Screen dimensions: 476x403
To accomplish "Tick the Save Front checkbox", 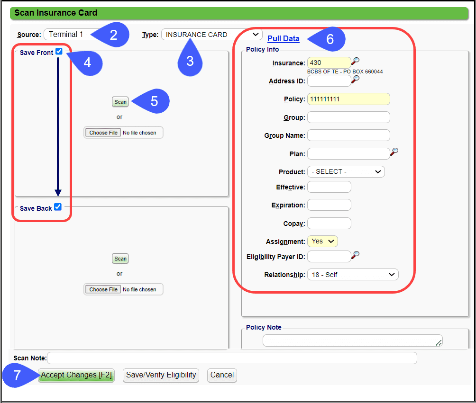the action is coord(59,52).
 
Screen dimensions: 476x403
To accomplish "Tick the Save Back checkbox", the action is coord(58,207).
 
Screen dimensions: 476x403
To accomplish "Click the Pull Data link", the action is coord(283,39).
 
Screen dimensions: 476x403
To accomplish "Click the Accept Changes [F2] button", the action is coord(76,375).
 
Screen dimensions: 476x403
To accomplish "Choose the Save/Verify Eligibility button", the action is coord(161,375).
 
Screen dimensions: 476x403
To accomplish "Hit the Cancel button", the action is coord(222,375).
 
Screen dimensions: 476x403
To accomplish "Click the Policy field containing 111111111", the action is coord(348,99).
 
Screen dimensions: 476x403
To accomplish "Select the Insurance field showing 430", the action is coord(329,63).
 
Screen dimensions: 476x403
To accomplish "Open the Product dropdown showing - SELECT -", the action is coord(346,171).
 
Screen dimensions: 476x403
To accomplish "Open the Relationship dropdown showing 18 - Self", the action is coord(353,275).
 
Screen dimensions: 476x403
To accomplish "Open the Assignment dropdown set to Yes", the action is coord(322,242).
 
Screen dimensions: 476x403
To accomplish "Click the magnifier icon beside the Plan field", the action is coord(394,152).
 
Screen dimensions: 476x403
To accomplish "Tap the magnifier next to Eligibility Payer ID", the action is coord(355,255).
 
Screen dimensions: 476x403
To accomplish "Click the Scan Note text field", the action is coord(232,358).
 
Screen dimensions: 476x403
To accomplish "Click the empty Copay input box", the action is coord(329,224).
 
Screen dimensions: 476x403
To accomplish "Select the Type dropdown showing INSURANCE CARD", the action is coord(211,35).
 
